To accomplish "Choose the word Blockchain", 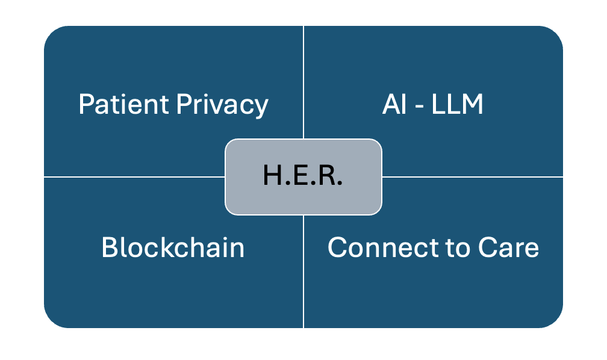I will (173, 247).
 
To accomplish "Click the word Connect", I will (369, 247).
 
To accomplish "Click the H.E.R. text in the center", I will (303, 175).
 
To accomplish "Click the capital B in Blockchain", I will (109, 247).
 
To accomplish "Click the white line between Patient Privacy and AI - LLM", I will (303, 78).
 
